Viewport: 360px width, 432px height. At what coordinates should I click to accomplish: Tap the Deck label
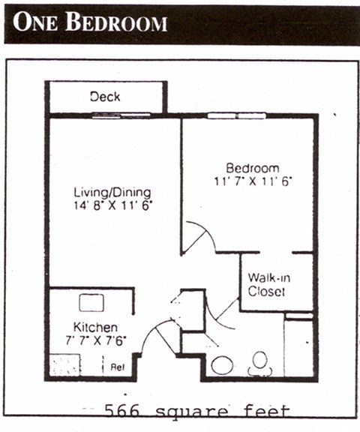(105, 97)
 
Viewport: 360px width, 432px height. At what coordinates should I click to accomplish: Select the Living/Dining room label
(112, 191)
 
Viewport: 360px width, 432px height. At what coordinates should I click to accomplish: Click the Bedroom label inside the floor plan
(253, 167)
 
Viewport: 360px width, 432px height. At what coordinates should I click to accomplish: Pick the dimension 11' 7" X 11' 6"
(253, 181)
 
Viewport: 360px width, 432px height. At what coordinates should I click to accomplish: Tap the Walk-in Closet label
(266, 285)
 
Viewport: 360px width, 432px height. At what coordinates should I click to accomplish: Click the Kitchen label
(95, 328)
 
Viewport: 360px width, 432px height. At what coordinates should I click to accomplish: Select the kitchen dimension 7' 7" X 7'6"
(96, 340)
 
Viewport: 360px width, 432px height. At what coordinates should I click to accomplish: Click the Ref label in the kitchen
(117, 367)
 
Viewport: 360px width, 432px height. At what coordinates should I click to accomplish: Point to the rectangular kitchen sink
(91, 303)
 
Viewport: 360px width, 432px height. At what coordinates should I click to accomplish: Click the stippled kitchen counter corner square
(64, 365)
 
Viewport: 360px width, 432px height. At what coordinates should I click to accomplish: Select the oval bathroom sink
(221, 366)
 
